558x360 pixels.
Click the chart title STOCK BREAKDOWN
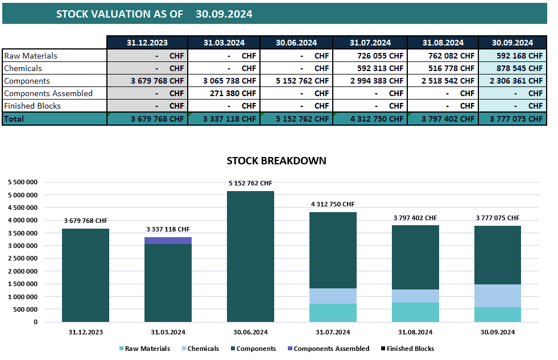276,161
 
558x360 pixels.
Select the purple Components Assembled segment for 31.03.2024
167,241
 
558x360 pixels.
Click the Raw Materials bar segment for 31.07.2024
333,313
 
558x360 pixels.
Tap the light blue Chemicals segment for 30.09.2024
498,296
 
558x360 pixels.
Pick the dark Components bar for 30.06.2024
250,256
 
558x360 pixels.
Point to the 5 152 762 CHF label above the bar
250,183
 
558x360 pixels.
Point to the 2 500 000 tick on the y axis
23,258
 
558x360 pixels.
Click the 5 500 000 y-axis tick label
23,182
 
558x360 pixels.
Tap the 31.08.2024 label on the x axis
415,332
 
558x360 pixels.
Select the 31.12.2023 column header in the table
147,43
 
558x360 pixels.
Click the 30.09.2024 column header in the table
512,43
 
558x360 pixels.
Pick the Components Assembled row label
48,93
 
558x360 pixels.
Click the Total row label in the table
14,119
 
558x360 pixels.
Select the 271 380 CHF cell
224,93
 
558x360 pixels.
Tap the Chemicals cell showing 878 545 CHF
512,68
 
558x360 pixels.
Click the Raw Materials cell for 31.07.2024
370,56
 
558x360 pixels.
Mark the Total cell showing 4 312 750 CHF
370,119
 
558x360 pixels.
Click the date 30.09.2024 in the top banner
224,14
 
